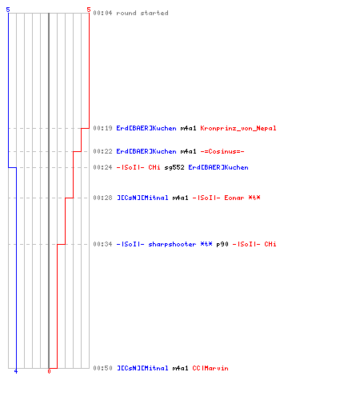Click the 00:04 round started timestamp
[x=102, y=13]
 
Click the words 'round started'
[x=142, y=13]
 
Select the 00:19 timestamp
[x=102, y=128]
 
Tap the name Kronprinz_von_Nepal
[x=238, y=128]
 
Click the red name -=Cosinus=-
[x=222, y=151]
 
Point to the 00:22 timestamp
[x=102, y=151]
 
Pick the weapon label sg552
[x=174, y=167]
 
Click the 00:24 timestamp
[x=102, y=167]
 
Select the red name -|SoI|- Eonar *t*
[x=226, y=198]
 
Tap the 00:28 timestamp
[x=102, y=198]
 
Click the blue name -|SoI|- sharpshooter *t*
[x=164, y=244]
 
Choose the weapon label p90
[x=222, y=244]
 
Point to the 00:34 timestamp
[x=102, y=244]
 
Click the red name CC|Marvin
[x=210, y=368]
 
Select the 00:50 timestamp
[x=102, y=368]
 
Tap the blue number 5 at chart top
[x=8, y=10]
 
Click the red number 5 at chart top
[x=89, y=10]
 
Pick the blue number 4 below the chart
[x=16, y=371]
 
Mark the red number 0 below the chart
[x=49, y=371]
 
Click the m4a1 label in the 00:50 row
[x=180, y=368]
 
